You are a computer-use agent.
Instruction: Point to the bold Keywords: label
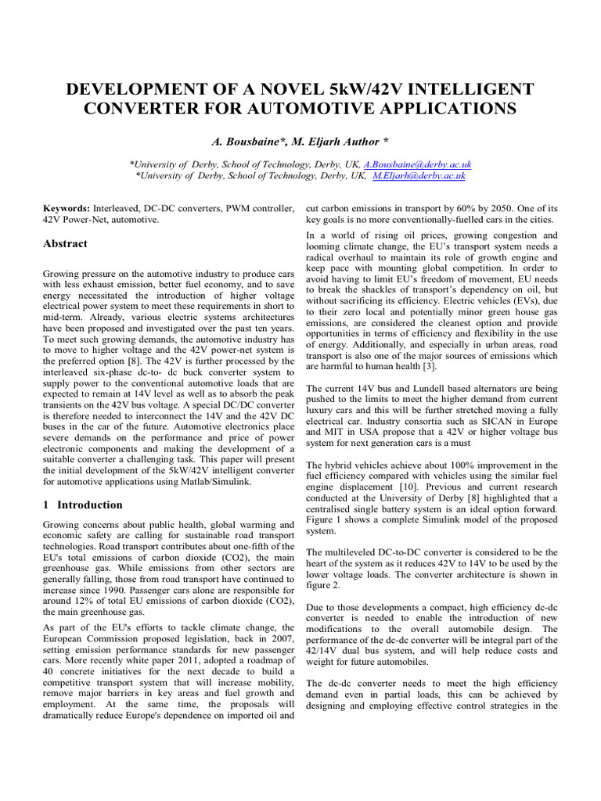click(67, 209)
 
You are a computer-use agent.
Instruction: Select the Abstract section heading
click(65, 243)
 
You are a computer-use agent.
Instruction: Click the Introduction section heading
click(89, 505)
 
